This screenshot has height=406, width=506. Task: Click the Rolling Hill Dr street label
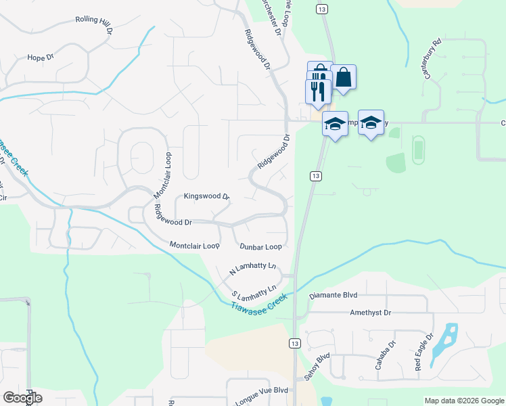[x=93, y=21]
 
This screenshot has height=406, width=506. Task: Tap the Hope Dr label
[x=41, y=58]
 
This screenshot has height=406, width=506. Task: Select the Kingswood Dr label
[x=207, y=196]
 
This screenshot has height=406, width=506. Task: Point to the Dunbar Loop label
[x=260, y=247]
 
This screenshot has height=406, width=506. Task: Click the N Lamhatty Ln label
[x=254, y=269]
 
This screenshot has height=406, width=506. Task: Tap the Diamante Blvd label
[x=333, y=296]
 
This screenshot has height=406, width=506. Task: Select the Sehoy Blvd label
[x=318, y=366]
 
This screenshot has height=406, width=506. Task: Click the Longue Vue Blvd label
[x=262, y=390]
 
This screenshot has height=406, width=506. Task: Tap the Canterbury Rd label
[x=433, y=59]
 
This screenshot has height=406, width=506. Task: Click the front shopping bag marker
[x=344, y=77]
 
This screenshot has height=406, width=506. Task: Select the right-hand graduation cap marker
[x=371, y=122]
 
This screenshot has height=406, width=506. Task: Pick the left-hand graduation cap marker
[x=335, y=123]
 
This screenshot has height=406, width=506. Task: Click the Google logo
[x=22, y=398]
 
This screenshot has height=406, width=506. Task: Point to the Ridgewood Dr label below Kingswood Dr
[x=173, y=217]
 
